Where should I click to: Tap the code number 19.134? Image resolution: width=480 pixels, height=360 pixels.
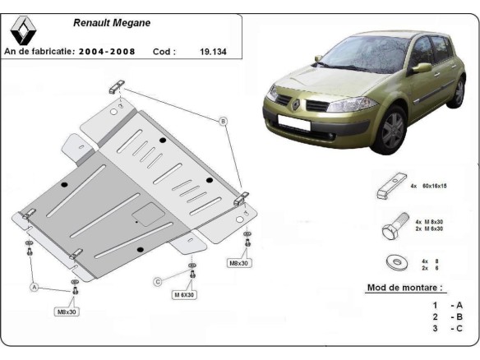pos(213,51)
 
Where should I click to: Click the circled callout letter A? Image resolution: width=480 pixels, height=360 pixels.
pos(34,287)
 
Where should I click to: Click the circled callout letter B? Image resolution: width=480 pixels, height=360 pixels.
pos(222,122)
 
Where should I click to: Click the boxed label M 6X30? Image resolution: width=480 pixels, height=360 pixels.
pos(183,294)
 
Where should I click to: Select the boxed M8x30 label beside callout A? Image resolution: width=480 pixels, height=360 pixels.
pos(67,312)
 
